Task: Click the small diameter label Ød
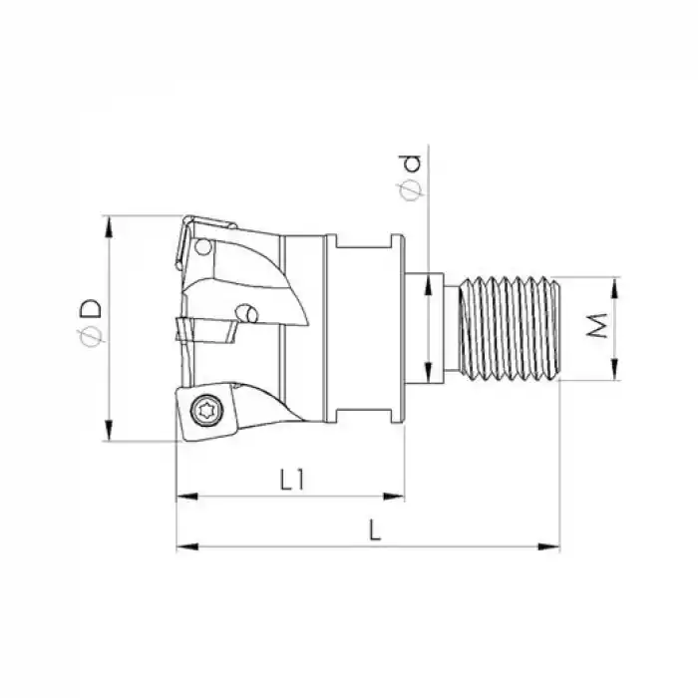click(413, 177)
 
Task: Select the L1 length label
click(290, 480)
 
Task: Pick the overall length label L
click(374, 531)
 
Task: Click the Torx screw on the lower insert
click(206, 407)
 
